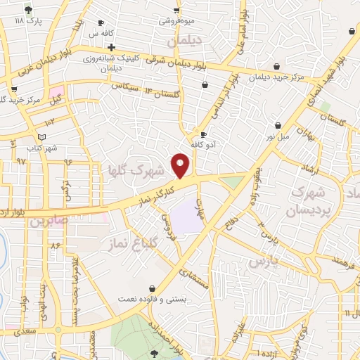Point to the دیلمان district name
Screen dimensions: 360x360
coord(186,41)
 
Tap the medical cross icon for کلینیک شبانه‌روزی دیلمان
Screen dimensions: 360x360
coord(111,47)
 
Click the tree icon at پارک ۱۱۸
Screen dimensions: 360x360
coord(28,11)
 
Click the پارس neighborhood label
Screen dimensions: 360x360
coord(264,261)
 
